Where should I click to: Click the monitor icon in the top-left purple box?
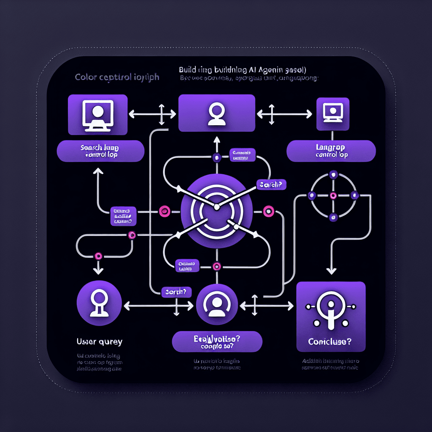tap(97, 114)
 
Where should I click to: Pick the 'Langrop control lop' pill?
tap(331, 151)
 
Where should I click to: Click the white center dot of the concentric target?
tap(216, 206)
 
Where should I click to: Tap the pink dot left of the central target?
tap(164, 211)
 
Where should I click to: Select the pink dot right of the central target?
tap(268, 211)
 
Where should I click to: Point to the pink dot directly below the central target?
tap(217, 266)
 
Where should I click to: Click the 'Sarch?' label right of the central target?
tap(270, 185)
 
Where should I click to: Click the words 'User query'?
tap(100, 341)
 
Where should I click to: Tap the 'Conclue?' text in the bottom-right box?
tap(330, 342)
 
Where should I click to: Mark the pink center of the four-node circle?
tap(333, 195)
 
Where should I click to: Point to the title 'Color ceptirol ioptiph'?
tap(117, 78)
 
